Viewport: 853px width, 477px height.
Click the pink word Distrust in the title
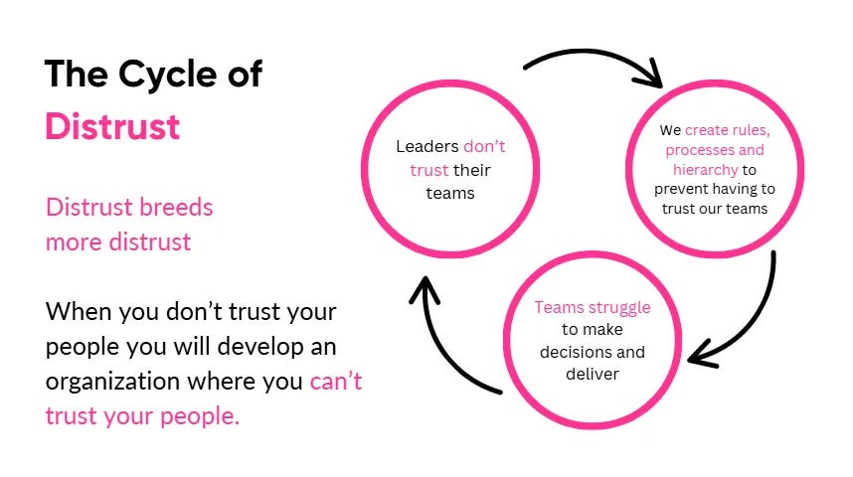pyautogui.click(x=112, y=126)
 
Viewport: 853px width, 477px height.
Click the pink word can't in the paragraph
pyautogui.click(x=335, y=381)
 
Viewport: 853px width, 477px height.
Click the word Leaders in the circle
pyautogui.click(x=426, y=147)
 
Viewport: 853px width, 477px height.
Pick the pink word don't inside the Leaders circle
pyautogui.click(x=484, y=147)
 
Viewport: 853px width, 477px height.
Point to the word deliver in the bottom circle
pyautogui.click(x=593, y=374)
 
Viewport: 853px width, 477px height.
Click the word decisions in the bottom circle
pyautogui.click(x=578, y=352)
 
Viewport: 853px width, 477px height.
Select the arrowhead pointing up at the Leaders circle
pyautogui.click(x=425, y=289)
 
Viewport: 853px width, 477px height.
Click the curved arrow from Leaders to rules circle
pyautogui.click(x=587, y=57)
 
